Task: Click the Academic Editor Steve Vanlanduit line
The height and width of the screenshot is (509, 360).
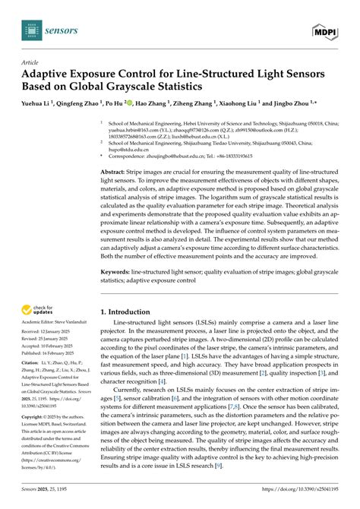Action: pyautogui.click(x=56, y=324)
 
